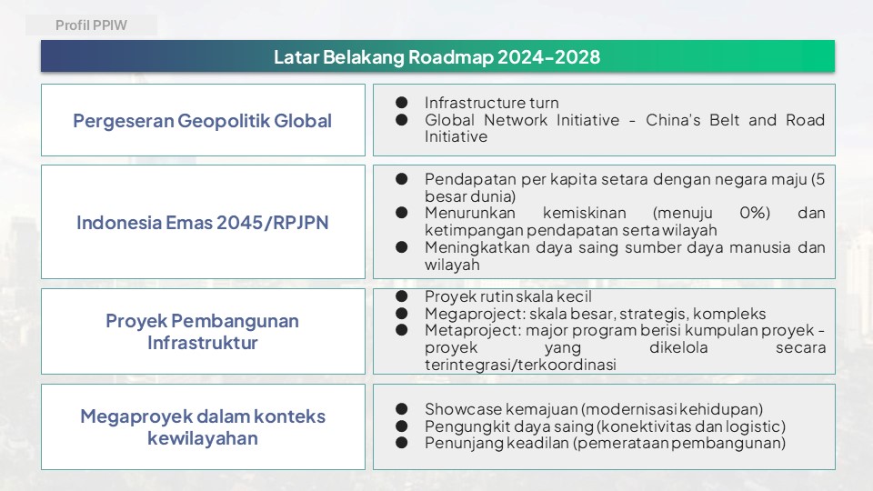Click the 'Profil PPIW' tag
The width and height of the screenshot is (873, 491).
tap(91, 25)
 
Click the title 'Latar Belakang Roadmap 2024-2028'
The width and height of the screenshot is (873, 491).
tap(437, 56)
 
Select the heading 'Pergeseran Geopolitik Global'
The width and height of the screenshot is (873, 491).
tap(203, 121)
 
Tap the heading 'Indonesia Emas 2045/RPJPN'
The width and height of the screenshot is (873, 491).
tap(203, 223)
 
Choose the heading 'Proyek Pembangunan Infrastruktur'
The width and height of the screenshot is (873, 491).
tap(203, 332)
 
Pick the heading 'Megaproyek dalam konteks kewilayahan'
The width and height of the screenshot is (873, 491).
tap(203, 427)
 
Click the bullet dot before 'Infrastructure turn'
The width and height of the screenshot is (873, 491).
tap(401, 103)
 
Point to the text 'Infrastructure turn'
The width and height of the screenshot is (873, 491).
tap(492, 103)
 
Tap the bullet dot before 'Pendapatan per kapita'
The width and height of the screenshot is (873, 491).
tap(401, 179)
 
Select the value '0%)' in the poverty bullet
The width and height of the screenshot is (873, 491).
tap(755, 213)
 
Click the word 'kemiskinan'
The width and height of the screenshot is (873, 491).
tap(585, 213)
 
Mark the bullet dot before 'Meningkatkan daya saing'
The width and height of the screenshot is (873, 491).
tap(401, 247)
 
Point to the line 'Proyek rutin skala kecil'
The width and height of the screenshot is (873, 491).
tap(507, 296)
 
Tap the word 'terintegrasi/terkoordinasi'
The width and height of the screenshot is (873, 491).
tap(520, 365)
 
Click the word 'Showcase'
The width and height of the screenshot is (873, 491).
tap(463, 409)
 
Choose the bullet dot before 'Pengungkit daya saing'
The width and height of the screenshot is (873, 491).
tap(401, 426)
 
